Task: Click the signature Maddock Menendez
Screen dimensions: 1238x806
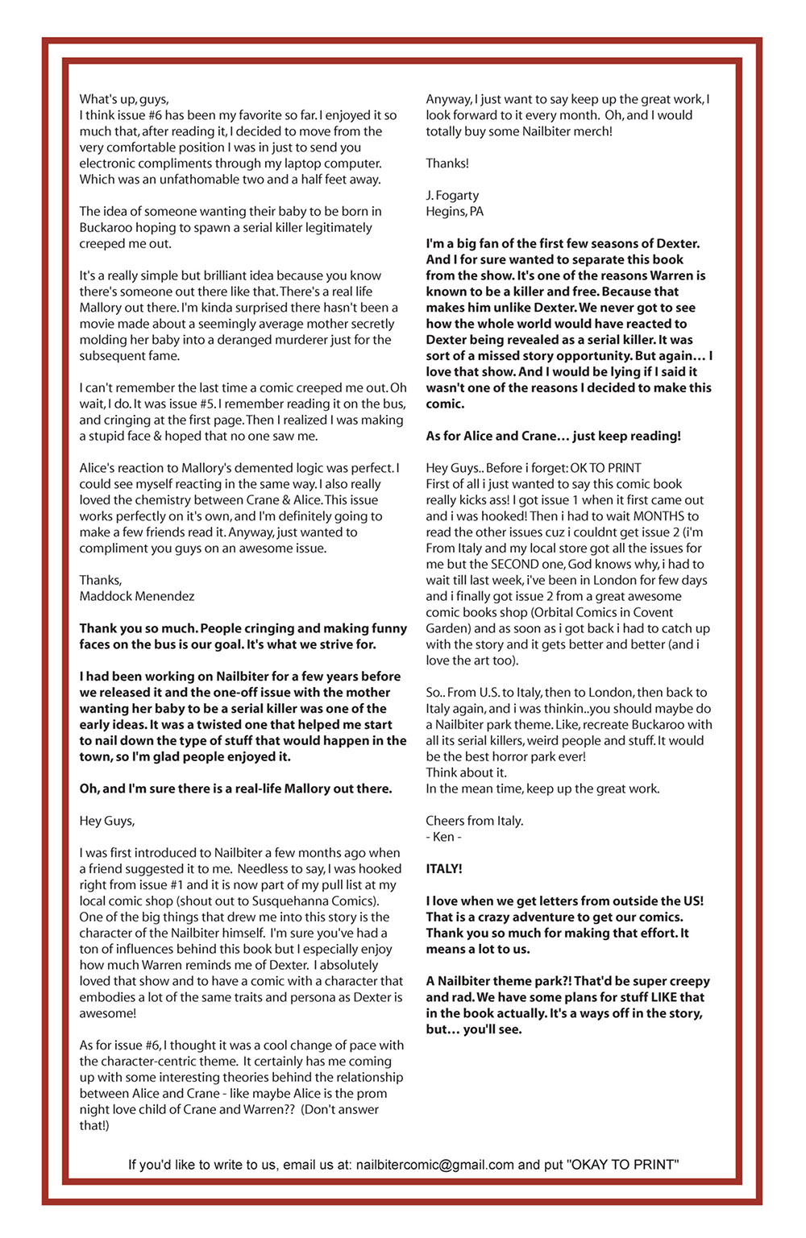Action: coord(136,597)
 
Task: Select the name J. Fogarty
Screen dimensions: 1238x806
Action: coord(452,196)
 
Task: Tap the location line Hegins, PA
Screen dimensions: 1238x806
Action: coord(455,212)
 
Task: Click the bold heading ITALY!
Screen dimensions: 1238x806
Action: coord(444,869)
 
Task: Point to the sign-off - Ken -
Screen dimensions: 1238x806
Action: coord(443,837)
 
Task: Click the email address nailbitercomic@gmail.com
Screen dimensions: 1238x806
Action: coord(434,1165)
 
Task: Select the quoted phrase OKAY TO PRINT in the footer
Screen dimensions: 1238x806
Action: coord(623,1165)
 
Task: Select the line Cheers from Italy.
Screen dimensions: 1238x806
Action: coord(475,821)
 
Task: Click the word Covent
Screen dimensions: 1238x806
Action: coord(653,613)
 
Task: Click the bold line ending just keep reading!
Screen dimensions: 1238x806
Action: coord(553,437)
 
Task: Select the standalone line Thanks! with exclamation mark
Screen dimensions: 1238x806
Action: coord(447,164)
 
